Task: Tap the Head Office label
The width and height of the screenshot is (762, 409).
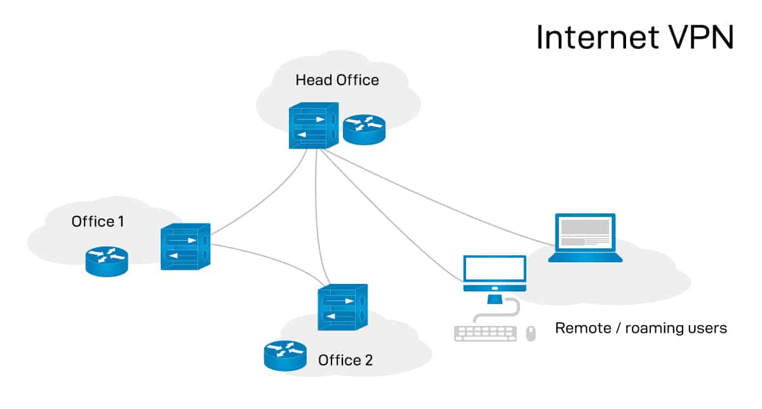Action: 337,80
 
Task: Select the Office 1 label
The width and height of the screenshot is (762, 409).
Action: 98,222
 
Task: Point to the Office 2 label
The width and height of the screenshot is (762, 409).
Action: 345,361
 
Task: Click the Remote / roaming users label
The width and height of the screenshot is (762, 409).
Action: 641,328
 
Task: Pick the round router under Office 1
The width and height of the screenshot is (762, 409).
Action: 107,261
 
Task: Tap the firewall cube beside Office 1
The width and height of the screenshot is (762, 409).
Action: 185,247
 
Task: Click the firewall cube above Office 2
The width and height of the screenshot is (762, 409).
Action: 342,307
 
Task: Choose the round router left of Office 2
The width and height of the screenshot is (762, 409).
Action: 285,356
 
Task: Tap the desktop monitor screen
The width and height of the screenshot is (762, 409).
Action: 495,270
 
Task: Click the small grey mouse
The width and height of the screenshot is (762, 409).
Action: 531,333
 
